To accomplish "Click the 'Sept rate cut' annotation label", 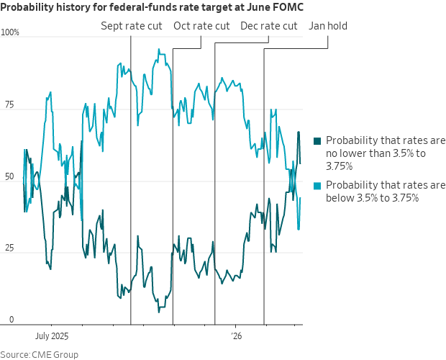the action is click(132, 26).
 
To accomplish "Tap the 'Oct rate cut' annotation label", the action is click(201, 26).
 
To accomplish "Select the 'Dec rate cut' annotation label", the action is click(269, 26).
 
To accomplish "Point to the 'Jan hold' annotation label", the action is click(328, 26).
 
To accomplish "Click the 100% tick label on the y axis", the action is click(10, 32).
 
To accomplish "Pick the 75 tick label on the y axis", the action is click(9, 104).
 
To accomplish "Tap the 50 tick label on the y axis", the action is click(9, 176).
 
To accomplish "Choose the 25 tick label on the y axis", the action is click(9, 248).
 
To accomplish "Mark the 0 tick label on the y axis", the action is click(12, 320).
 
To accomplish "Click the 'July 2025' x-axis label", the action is click(52, 336).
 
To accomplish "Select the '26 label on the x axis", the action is click(237, 336).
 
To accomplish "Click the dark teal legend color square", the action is click(317, 141).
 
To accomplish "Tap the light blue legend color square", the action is click(317, 186).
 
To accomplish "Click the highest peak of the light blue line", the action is click(159, 49).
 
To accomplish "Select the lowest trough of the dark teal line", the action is click(159, 312).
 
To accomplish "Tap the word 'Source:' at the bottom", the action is click(15, 355).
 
